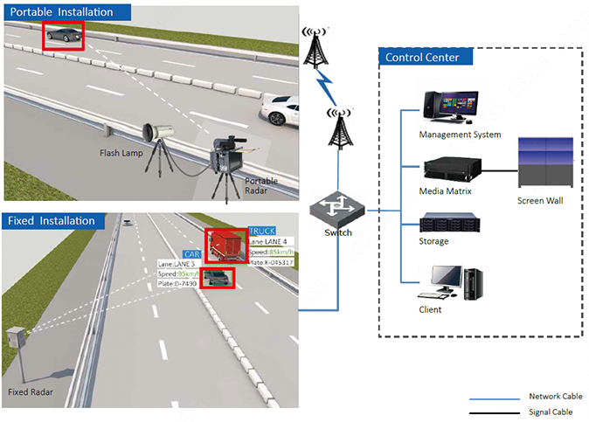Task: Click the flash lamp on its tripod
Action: click(x=158, y=134)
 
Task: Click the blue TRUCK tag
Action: click(x=261, y=230)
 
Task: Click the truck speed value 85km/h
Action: click(x=281, y=252)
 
